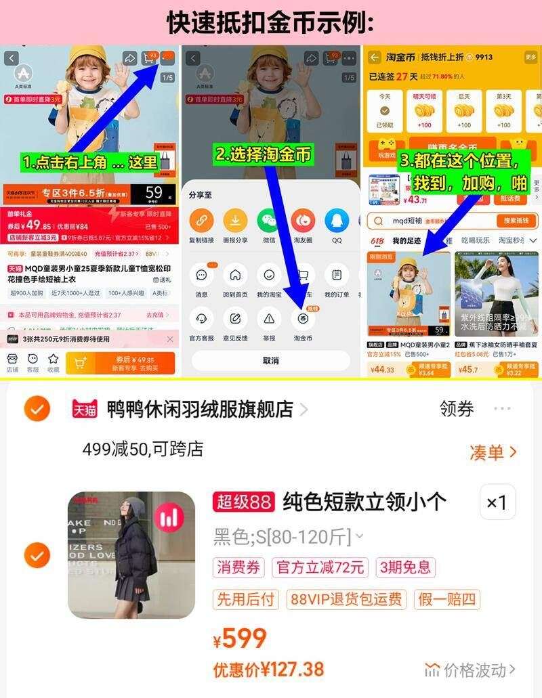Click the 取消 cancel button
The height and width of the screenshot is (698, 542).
pos(270,360)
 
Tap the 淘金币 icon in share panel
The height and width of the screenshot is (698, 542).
pos(303,318)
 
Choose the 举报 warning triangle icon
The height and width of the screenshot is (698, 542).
pos(269,318)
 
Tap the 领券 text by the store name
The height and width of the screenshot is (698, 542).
pos(457,409)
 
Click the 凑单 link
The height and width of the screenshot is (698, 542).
pos(493,452)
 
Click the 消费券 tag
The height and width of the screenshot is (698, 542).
pos(238,567)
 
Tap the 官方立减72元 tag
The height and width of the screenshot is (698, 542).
pos(320,567)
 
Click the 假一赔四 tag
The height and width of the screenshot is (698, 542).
pos(447,599)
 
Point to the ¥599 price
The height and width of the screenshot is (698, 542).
pos(241,638)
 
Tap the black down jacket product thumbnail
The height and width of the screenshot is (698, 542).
pos(131,555)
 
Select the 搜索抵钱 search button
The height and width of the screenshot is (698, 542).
pos(517,221)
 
